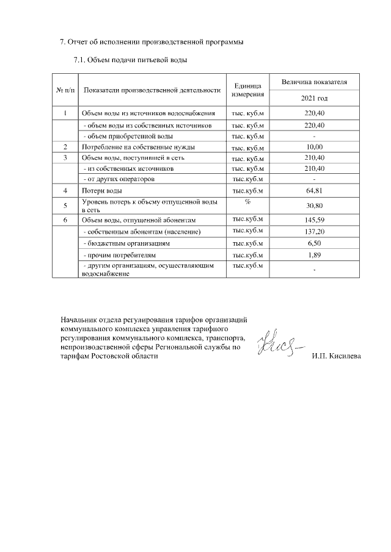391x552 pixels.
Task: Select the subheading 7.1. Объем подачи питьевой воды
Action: [130, 60]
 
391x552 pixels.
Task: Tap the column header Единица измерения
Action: [248, 90]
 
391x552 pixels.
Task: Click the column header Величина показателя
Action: [314, 81]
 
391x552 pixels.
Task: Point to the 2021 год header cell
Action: [314, 98]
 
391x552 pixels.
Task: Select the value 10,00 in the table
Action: [314, 147]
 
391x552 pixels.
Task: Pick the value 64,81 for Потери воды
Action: [314, 191]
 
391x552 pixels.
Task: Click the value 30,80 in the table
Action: [314, 206]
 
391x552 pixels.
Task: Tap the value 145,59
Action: [314, 220]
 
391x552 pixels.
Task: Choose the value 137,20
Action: [314, 232]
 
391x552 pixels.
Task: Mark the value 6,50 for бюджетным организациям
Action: [314, 243]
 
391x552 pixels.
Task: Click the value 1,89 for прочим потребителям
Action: [314, 254]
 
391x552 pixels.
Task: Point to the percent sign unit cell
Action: [248, 201]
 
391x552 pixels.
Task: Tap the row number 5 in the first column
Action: [65, 206]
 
